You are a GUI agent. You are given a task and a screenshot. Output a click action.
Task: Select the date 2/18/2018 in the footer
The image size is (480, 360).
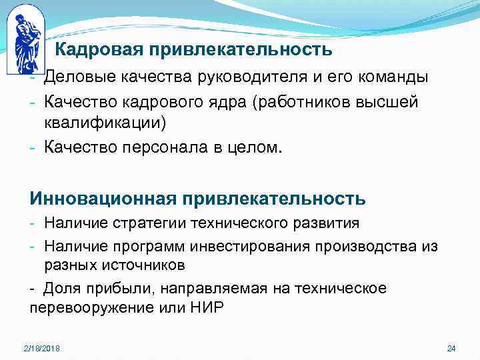41,349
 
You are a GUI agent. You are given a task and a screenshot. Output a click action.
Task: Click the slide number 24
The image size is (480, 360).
451,349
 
